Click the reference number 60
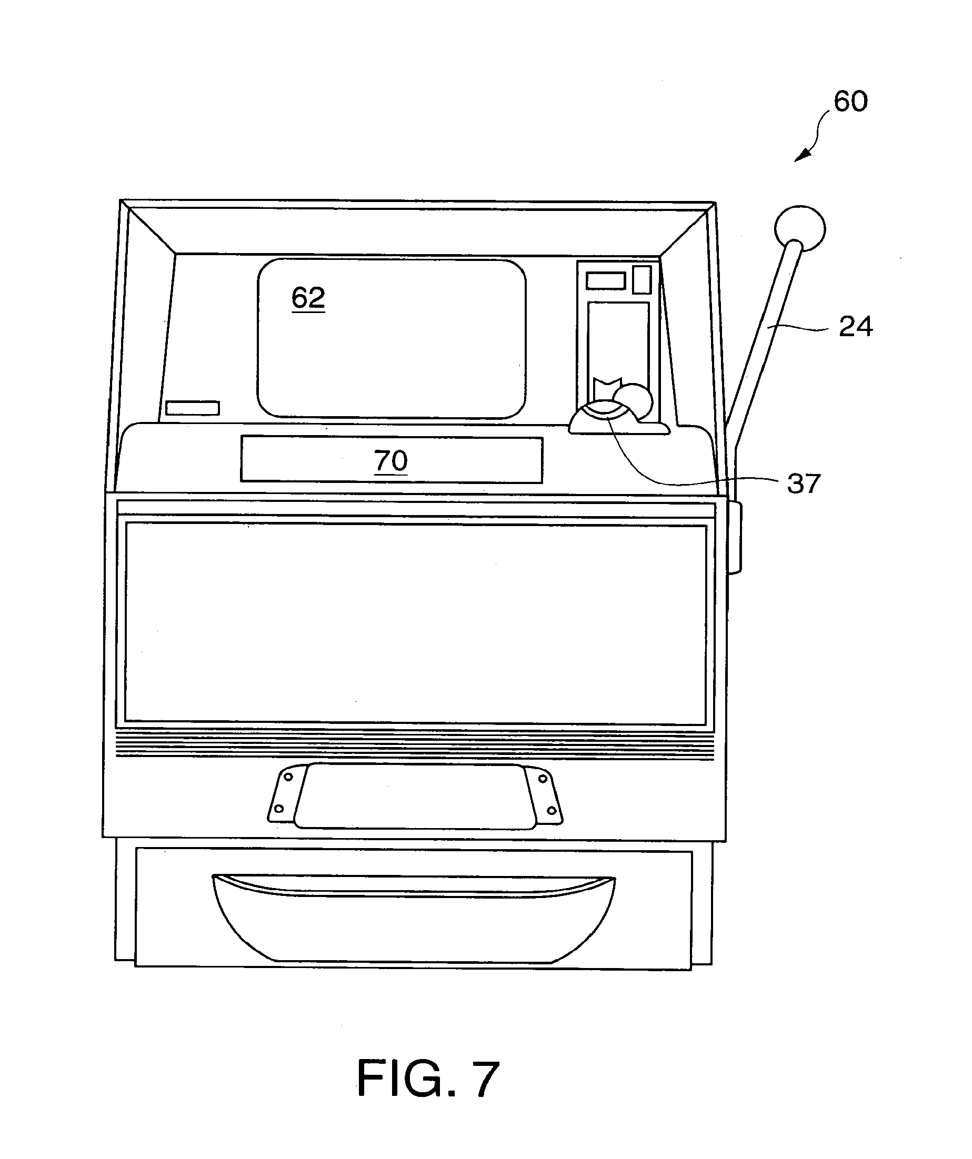tap(850, 101)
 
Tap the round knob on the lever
tap(800, 228)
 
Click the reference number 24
tap(856, 326)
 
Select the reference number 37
tap(804, 483)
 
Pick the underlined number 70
tap(391, 460)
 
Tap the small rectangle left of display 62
tap(193, 408)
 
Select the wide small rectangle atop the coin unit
tap(606, 280)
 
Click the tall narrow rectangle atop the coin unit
tap(642, 279)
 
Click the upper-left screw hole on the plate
tap(287, 777)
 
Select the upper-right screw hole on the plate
tap(543, 779)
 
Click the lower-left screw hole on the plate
tap(279, 809)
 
